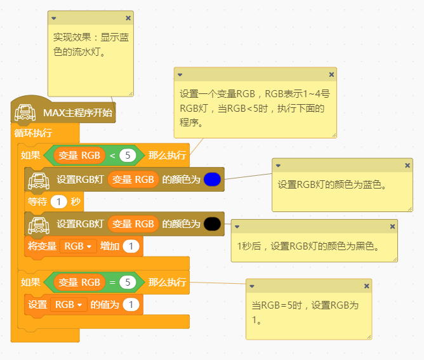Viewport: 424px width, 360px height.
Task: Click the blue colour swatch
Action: (x=213, y=180)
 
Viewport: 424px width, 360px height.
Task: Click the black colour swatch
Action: (x=213, y=223)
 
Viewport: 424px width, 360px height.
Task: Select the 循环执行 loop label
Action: (x=33, y=133)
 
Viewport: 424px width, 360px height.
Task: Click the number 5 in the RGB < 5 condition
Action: (x=128, y=155)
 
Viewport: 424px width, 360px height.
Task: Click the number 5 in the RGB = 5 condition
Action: (x=128, y=282)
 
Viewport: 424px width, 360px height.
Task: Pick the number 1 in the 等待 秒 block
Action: (x=58, y=202)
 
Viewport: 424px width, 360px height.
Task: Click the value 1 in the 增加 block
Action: (x=131, y=246)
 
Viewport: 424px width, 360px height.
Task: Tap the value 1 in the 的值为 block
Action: (x=131, y=305)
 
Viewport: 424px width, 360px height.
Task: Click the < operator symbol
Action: (x=112, y=155)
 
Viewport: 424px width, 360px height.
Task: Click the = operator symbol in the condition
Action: (x=112, y=282)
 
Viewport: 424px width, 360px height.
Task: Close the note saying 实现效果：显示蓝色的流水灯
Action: (x=128, y=18)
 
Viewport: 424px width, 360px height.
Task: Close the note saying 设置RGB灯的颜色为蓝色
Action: (x=407, y=165)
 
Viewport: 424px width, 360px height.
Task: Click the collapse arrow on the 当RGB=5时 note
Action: (x=252, y=286)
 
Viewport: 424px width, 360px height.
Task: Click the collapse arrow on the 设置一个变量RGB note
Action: (x=180, y=74)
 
